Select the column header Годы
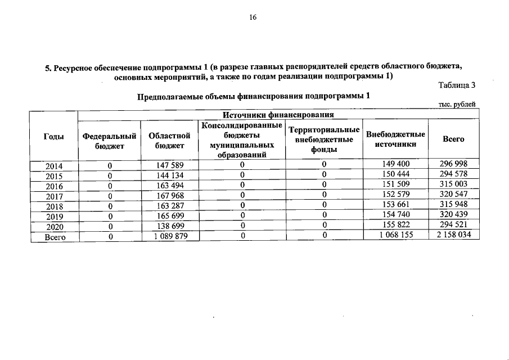pos(53,138)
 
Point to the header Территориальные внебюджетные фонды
pos(323,139)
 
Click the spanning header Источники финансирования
pos(278,115)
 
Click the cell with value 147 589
pos(169,164)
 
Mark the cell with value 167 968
pos(169,196)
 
